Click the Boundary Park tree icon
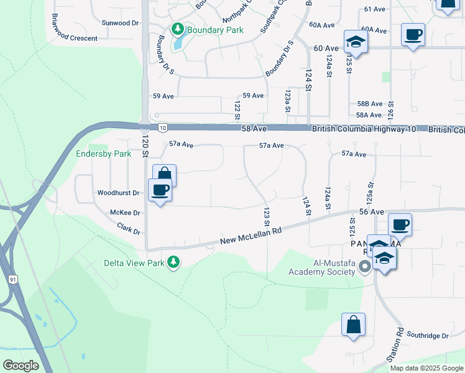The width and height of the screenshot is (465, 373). pos(178,29)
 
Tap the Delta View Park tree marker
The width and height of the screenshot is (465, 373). pos(175,263)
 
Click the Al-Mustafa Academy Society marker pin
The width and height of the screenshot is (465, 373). pos(365,267)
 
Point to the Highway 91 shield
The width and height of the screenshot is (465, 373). pos(13,280)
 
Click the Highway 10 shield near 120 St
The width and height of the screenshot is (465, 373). pos(162,127)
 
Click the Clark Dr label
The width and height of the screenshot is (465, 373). pos(129,229)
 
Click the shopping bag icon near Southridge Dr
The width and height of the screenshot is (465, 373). pos(353,325)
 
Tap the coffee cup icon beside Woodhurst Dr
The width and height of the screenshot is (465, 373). pos(160,190)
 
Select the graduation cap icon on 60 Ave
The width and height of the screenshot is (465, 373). pos(356,42)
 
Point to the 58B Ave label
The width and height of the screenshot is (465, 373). pos(369,104)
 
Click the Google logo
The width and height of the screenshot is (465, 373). pos(21,366)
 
